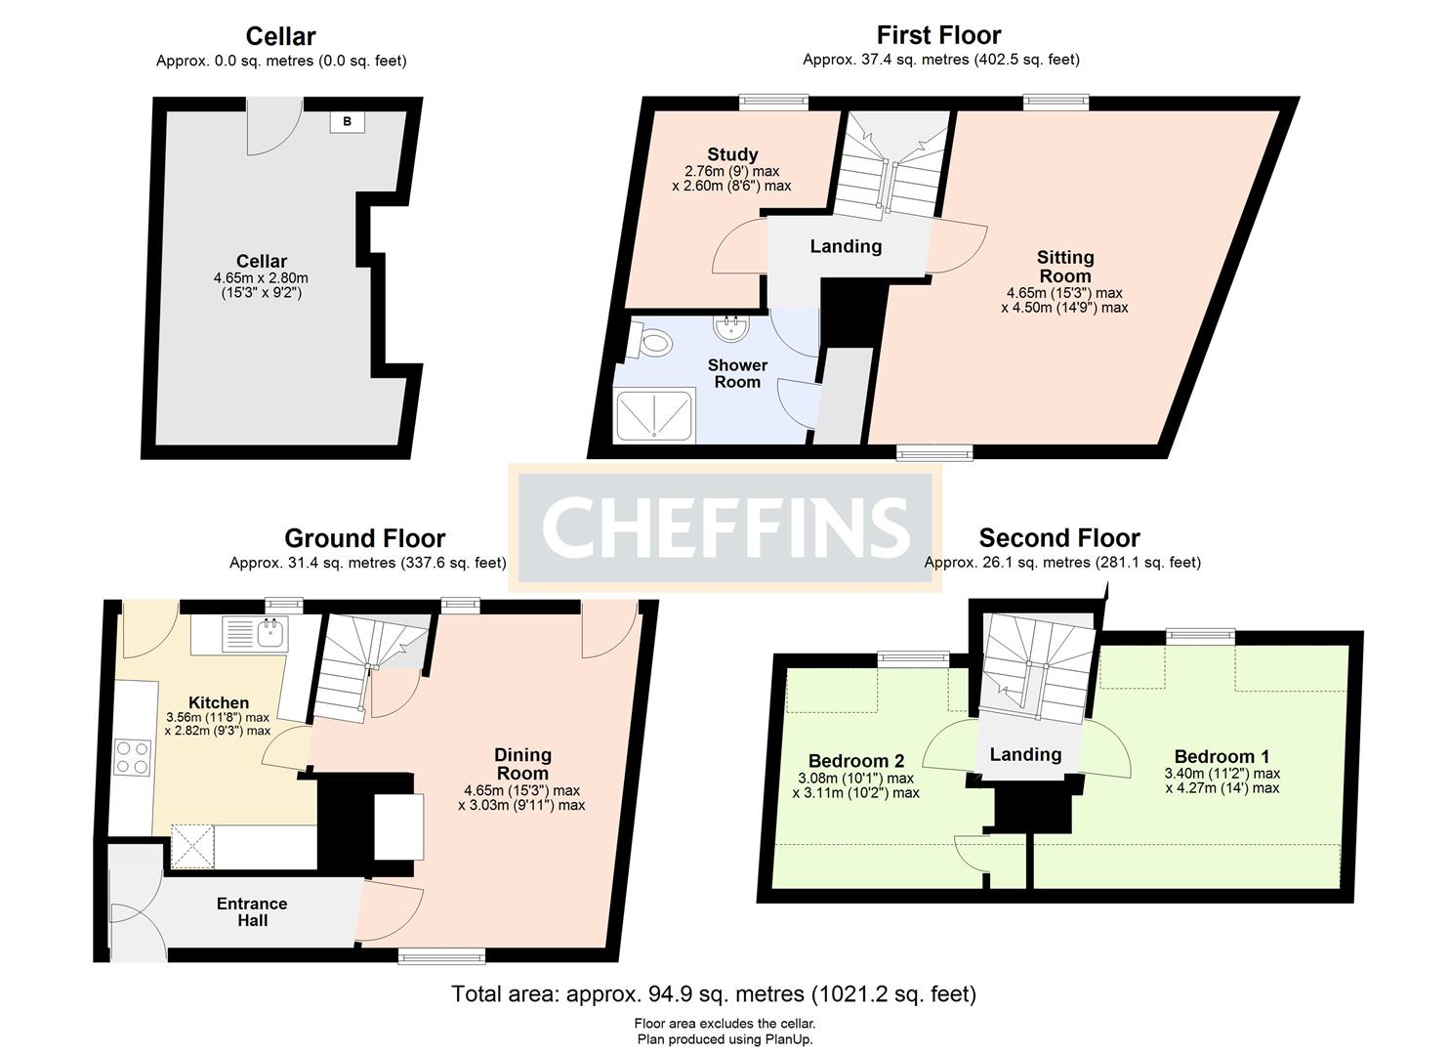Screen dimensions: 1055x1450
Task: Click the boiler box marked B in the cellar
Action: pyautogui.click(x=347, y=122)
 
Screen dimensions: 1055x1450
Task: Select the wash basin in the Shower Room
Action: pyautogui.click(x=730, y=326)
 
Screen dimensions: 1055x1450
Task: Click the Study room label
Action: pyautogui.click(x=732, y=154)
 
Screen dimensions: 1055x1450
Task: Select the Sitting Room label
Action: pyautogui.click(x=1064, y=266)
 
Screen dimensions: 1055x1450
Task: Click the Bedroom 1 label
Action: pyautogui.click(x=1222, y=756)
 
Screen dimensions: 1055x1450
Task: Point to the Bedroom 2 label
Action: pyautogui.click(x=856, y=761)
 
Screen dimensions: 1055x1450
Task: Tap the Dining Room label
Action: pyautogui.click(x=522, y=763)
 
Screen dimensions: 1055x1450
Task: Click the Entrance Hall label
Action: pyautogui.click(x=252, y=911)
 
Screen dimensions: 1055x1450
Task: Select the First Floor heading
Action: pyautogui.click(x=938, y=35)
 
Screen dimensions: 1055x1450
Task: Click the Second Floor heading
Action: pyautogui.click(x=1059, y=538)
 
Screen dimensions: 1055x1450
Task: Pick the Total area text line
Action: pyautogui.click(x=713, y=994)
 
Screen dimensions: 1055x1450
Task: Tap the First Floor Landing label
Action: pyautogui.click(x=846, y=246)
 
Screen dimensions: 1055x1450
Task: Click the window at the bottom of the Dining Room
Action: pyautogui.click(x=440, y=956)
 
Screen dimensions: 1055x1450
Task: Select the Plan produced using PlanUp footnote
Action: pyautogui.click(x=725, y=1039)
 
